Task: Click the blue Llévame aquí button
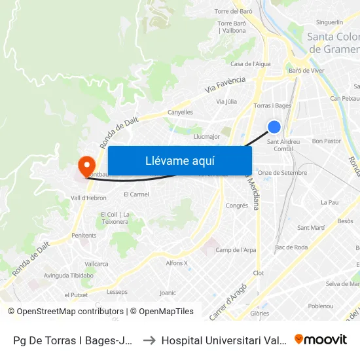point(179,160)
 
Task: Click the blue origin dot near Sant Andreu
point(275,127)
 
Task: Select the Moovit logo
point(321,339)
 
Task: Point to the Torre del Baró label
point(234,11)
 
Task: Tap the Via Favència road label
point(225,84)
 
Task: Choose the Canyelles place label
point(180,112)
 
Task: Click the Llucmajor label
point(206,137)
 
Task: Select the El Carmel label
point(136,194)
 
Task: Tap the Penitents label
point(84,235)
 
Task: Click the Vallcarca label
point(96,263)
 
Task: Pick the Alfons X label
point(177,263)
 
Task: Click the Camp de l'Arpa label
point(236,249)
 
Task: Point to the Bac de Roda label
point(292,247)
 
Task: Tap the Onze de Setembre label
point(282,172)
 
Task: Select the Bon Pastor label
point(327,141)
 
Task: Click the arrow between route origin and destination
point(148,340)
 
